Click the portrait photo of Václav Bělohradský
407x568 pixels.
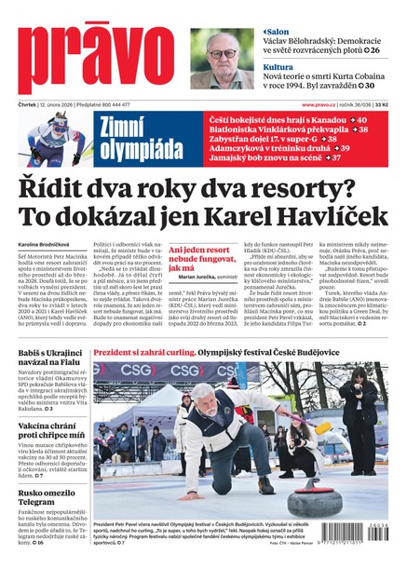pos(222,59)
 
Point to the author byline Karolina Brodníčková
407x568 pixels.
pos(47,249)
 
